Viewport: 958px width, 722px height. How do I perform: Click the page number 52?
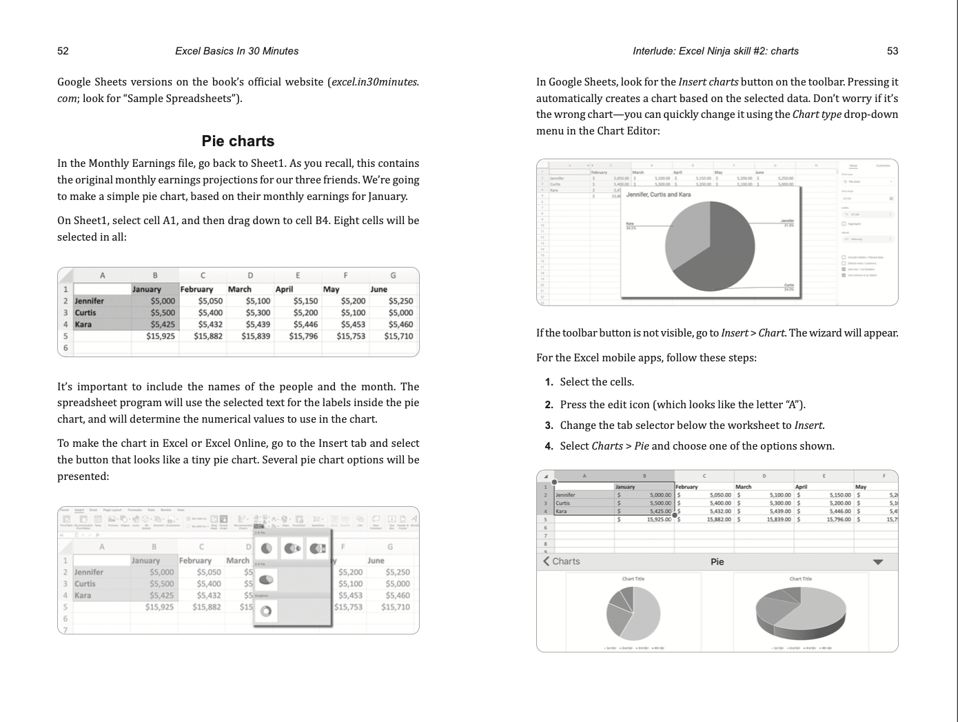pyautogui.click(x=63, y=51)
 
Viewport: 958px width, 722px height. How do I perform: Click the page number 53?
pyautogui.click(x=893, y=51)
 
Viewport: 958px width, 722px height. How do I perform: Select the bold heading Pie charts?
pyautogui.click(x=238, y=141)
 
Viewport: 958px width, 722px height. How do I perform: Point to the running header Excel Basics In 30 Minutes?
pyautogui.click(x=236, y=51)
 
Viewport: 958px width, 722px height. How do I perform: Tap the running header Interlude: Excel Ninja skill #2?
pyautogui.click(x=715, y=51)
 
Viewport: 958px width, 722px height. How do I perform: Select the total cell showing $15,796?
pyautogui.click(x=303, y=336)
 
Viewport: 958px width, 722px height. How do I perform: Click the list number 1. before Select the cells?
pyautogui.click(x=549, y=382)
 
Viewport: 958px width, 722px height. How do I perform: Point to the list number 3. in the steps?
pyautogui.click(x=549, y=425)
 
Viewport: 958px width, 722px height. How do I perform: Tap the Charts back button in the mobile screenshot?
pyautogui.click(x=562, y=561)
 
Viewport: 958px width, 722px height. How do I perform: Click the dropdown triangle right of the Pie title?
pyautogui.click(x=877, y=562)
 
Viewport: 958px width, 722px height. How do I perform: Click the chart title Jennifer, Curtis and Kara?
pyautogui.click(x=658, y=194)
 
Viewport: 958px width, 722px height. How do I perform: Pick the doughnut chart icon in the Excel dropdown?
pyautogui.click(x=267, y=611)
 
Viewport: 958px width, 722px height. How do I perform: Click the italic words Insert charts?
pyautogui.click(x=708, y=82)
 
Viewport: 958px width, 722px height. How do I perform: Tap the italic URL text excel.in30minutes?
pyautogui.click(x=374, y=82)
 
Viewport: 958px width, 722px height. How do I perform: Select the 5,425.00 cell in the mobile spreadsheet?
pyautogui.click(x=660, y=511)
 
